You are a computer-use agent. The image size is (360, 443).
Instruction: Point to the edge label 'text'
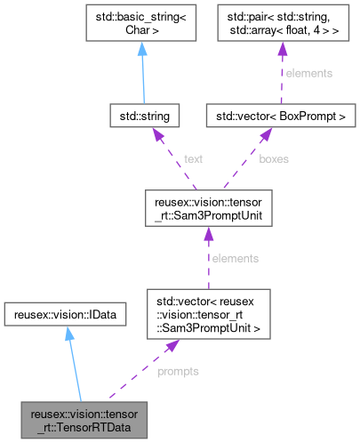[193, 159]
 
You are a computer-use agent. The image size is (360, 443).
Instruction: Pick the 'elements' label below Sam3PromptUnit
[236, 258]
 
